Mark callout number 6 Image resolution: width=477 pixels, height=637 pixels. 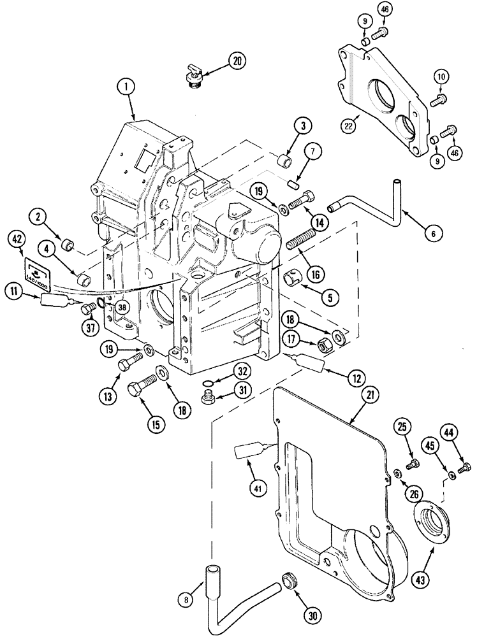(x=433, y=234)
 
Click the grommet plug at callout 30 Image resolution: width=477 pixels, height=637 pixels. (x=291, y=581)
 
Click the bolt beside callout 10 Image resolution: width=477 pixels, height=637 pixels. (x=440, y=99)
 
